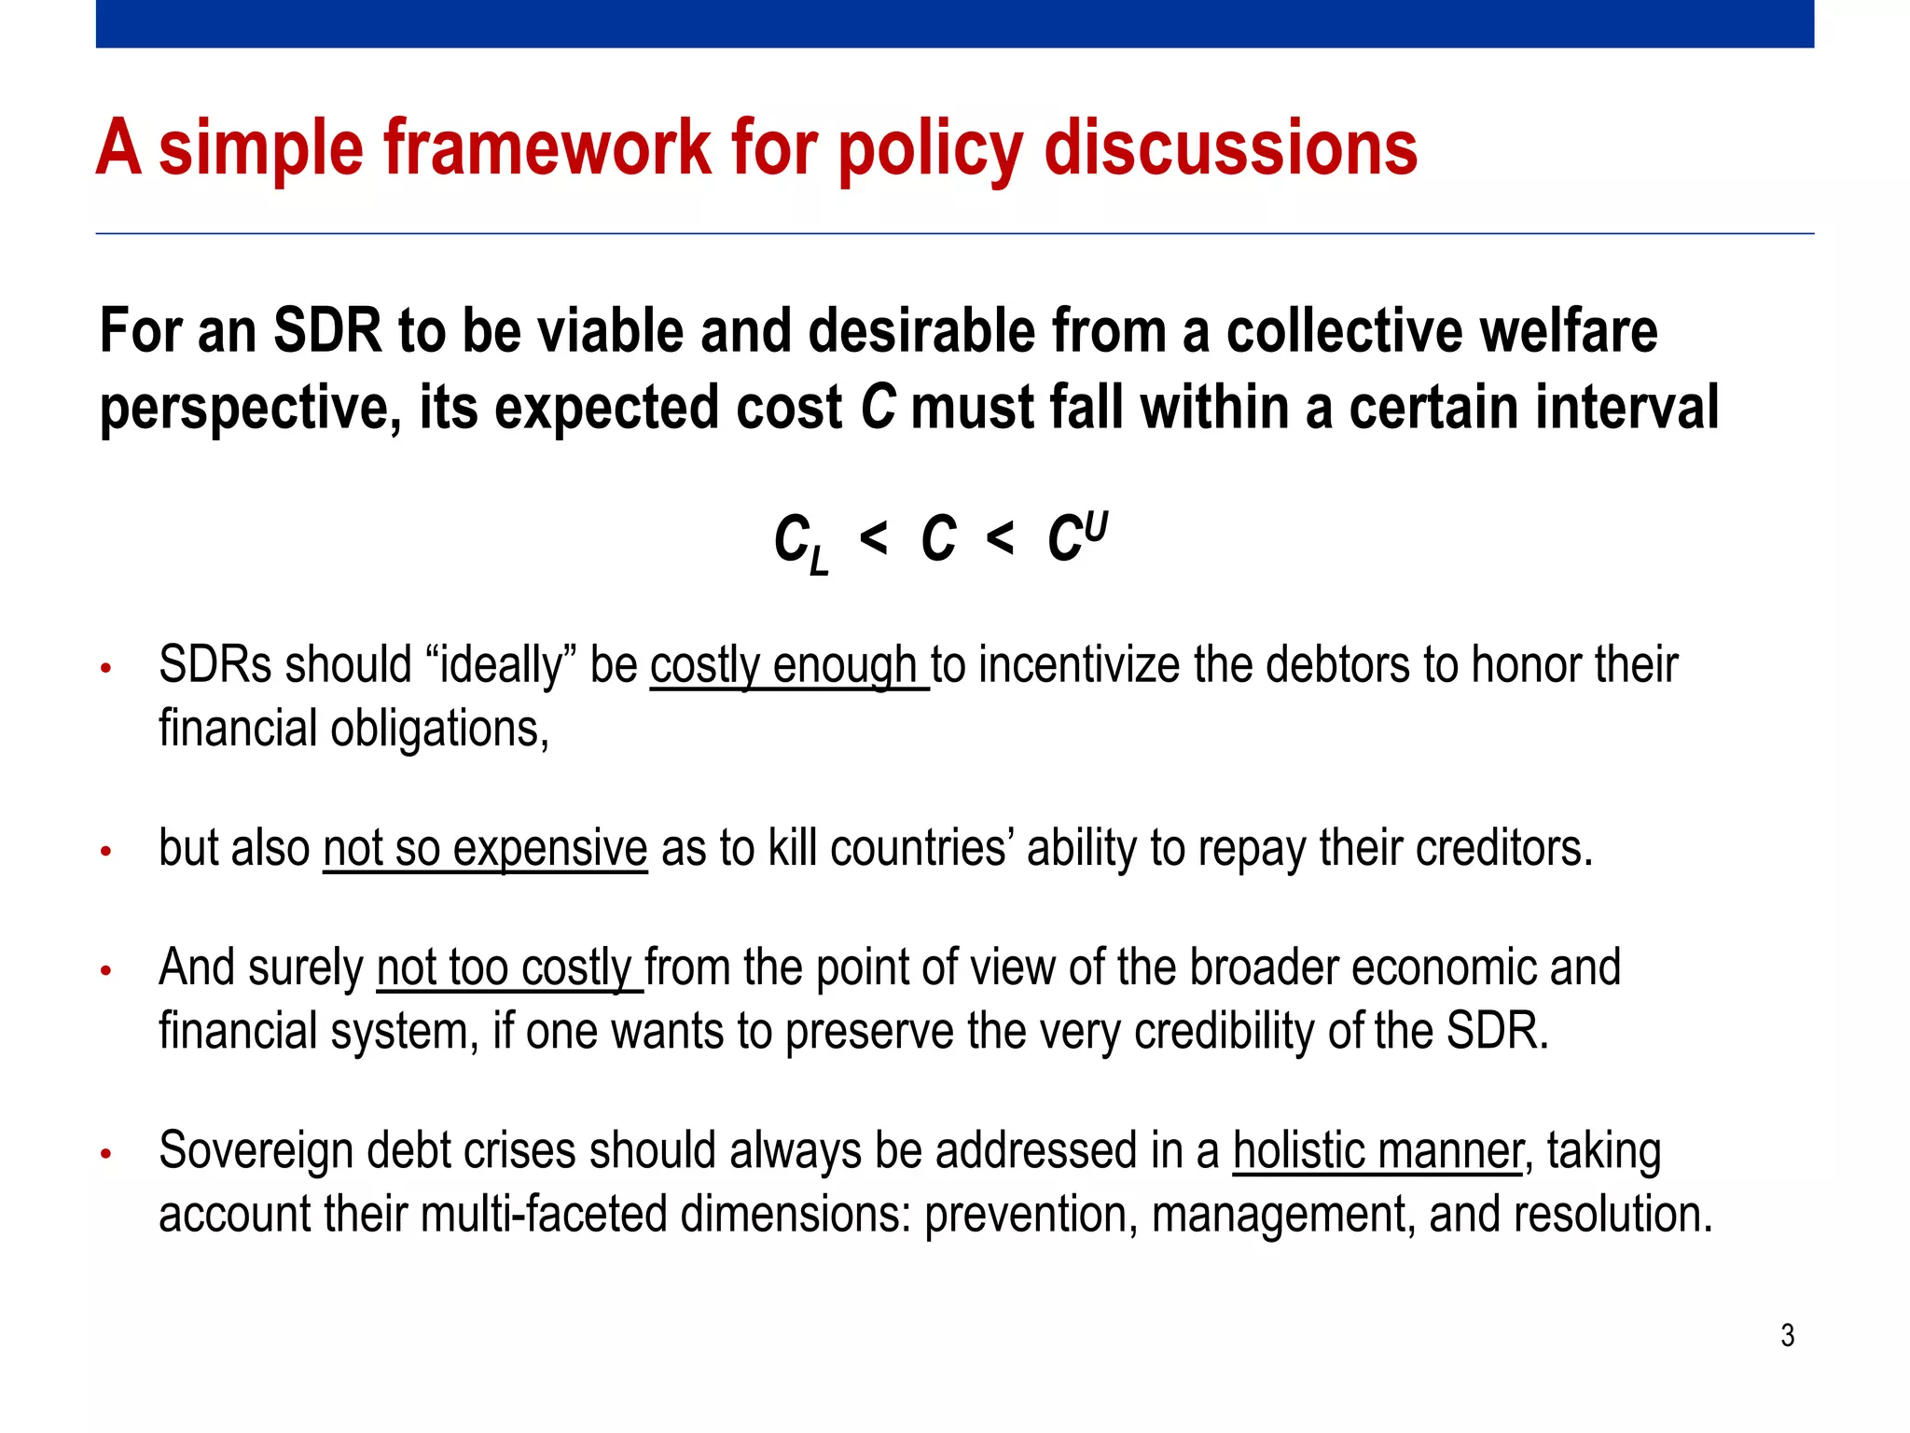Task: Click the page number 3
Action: point(1787,1335)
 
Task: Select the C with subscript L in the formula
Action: point(800,544)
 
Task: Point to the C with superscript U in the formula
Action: point(1076,538)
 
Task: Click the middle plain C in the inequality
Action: point(938,540)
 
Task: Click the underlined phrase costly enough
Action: point(788,666)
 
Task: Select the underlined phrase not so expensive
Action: point(485,849)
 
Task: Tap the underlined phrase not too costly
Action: point(508,968)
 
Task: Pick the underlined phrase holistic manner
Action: point(1377,1151)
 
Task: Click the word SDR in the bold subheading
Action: point(327,331)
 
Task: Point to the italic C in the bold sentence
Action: point(878,408)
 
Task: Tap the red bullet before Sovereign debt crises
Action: point(106,1154)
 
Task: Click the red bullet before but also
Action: point(106,851)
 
